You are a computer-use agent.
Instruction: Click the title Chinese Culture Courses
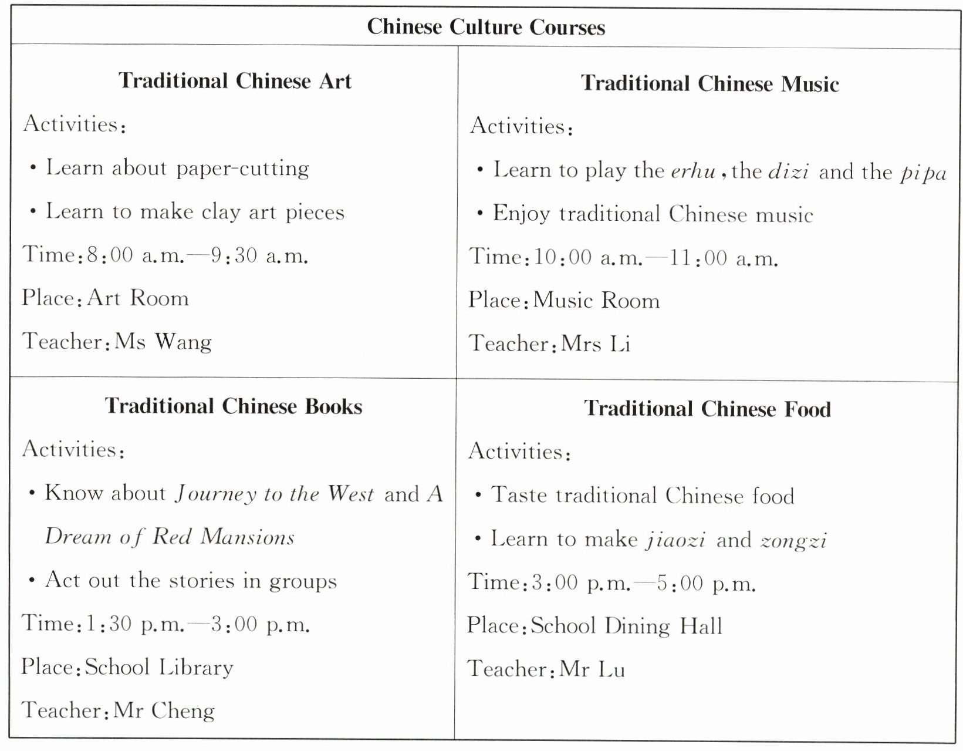coord(486,27)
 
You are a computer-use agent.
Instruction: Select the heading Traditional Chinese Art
coord(235,81)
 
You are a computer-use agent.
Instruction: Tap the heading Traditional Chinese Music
coord(709,83)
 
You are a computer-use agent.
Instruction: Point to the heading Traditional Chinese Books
coord(234,406)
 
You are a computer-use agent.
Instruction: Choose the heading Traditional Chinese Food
coord(707,409)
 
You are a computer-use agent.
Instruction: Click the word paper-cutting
coord(242,169)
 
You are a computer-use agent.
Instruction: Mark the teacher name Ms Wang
coord(163,342)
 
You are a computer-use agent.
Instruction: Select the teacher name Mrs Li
coord(596,344)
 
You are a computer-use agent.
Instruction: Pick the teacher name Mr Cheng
coord(164,710)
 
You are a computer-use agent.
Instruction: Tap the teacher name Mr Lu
coord(592,669)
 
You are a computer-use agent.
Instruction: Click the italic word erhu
coord(693,171)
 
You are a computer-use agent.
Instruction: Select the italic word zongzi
coord(793,540)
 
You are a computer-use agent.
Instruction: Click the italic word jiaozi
coord(675,540)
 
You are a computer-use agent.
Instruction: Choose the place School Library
coord(159,668)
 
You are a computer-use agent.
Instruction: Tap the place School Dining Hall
coord(626,626)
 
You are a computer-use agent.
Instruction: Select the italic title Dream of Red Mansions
coord(170,537)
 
